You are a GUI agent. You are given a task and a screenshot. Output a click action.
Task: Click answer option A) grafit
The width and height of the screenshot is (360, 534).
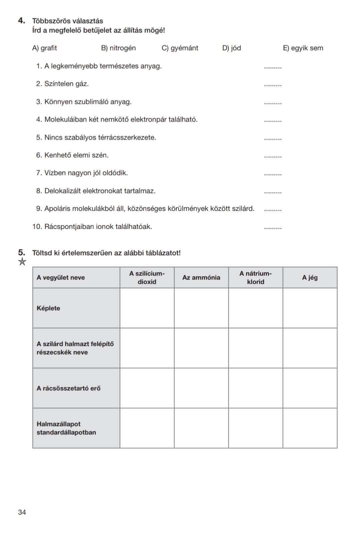(44, 48)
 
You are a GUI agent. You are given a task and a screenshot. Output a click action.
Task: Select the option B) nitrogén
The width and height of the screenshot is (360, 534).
(118, 48)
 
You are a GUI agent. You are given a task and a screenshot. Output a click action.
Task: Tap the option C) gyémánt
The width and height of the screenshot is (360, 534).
(180, 48)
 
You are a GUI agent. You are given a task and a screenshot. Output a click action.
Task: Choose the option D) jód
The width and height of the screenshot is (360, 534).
(231, 48)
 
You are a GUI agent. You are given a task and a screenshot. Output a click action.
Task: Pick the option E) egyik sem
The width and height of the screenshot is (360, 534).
(303, 48)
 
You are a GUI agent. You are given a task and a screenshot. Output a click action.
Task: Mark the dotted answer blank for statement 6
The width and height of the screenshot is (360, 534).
(273, 156)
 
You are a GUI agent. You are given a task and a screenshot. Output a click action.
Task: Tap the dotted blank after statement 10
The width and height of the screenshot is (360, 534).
(273, 228)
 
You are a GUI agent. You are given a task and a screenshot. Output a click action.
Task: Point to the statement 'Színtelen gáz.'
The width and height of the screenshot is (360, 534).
(66, 84)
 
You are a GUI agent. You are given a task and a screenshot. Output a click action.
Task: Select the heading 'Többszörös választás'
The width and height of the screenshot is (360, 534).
(67, 21)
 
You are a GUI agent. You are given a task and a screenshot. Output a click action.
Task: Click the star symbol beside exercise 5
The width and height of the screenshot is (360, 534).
(22, 262)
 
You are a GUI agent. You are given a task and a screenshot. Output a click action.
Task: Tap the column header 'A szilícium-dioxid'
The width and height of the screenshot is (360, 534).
(147, 278)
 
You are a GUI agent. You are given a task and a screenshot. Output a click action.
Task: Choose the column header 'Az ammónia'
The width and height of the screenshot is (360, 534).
(201, 278)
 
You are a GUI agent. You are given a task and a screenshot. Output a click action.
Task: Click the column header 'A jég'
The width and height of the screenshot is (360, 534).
(310, 278)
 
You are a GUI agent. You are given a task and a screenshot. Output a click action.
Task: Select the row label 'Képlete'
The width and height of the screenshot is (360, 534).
(48, 308)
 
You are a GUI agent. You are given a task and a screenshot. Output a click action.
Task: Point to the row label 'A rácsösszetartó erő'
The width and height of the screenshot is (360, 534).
(68, 388)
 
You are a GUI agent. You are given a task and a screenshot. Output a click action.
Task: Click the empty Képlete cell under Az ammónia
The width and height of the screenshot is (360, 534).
(201, 308)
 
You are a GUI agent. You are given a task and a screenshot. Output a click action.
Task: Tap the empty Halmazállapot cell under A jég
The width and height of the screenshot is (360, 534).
(310, 428)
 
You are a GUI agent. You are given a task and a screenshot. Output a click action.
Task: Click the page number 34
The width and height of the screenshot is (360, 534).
(22, 512)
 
